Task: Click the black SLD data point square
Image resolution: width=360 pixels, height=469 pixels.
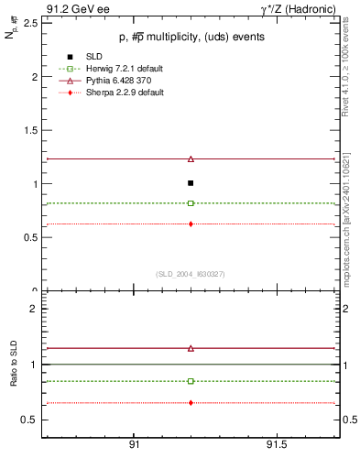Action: point(191,183)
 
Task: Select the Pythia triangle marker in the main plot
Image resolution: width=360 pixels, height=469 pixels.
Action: point(191,158)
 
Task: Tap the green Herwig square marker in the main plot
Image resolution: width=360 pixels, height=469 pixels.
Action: point(191,203)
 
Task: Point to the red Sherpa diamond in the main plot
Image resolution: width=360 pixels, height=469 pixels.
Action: point(191,224)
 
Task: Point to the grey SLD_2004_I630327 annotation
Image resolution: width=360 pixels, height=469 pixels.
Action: point(190,273)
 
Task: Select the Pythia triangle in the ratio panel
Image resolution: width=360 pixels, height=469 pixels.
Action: point(191,348)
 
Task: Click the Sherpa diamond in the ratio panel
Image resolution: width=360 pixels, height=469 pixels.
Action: point(191,403)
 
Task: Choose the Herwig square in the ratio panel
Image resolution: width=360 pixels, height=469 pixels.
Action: point(191,381)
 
